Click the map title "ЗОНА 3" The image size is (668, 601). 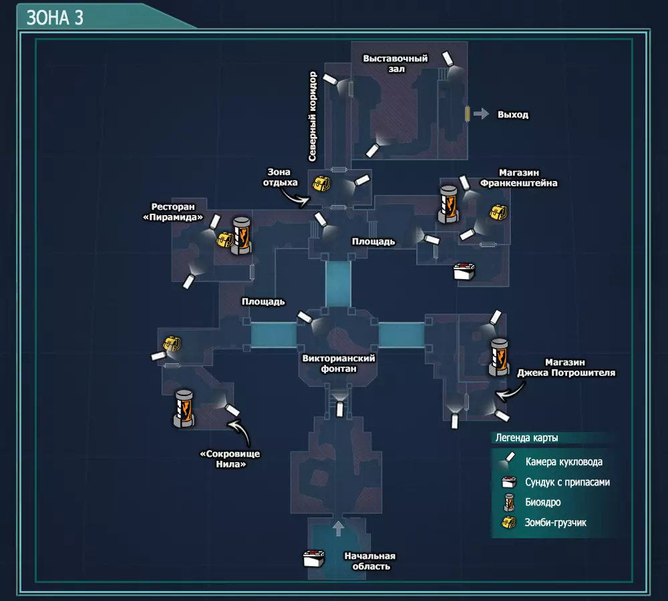(55, 18)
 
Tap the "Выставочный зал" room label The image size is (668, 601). (395, 63)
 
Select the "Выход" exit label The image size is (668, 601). (513, 115)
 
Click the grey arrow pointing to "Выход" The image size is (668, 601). (481, 114)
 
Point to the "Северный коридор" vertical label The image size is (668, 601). (313, 116)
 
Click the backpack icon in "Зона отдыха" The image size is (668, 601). (321, 184)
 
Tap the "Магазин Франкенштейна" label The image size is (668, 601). (518, 178)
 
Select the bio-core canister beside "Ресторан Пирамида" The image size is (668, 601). (241, 236)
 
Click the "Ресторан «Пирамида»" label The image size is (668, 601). (173, 212)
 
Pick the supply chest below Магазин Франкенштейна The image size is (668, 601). (464, 271)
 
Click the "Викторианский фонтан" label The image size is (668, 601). (339, 363)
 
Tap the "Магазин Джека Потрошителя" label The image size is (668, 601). (566, 367)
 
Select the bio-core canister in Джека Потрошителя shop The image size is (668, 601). (499, 357)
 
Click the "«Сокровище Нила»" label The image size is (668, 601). (230, 459)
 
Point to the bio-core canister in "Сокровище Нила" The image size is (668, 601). (184, 409)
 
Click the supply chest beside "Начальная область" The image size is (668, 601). (314, 558)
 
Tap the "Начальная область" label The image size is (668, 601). (370, 561)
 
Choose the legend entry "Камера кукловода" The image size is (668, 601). (564, 461)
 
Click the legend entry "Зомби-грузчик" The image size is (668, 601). (556, 523)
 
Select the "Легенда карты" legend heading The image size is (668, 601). (526, 438)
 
